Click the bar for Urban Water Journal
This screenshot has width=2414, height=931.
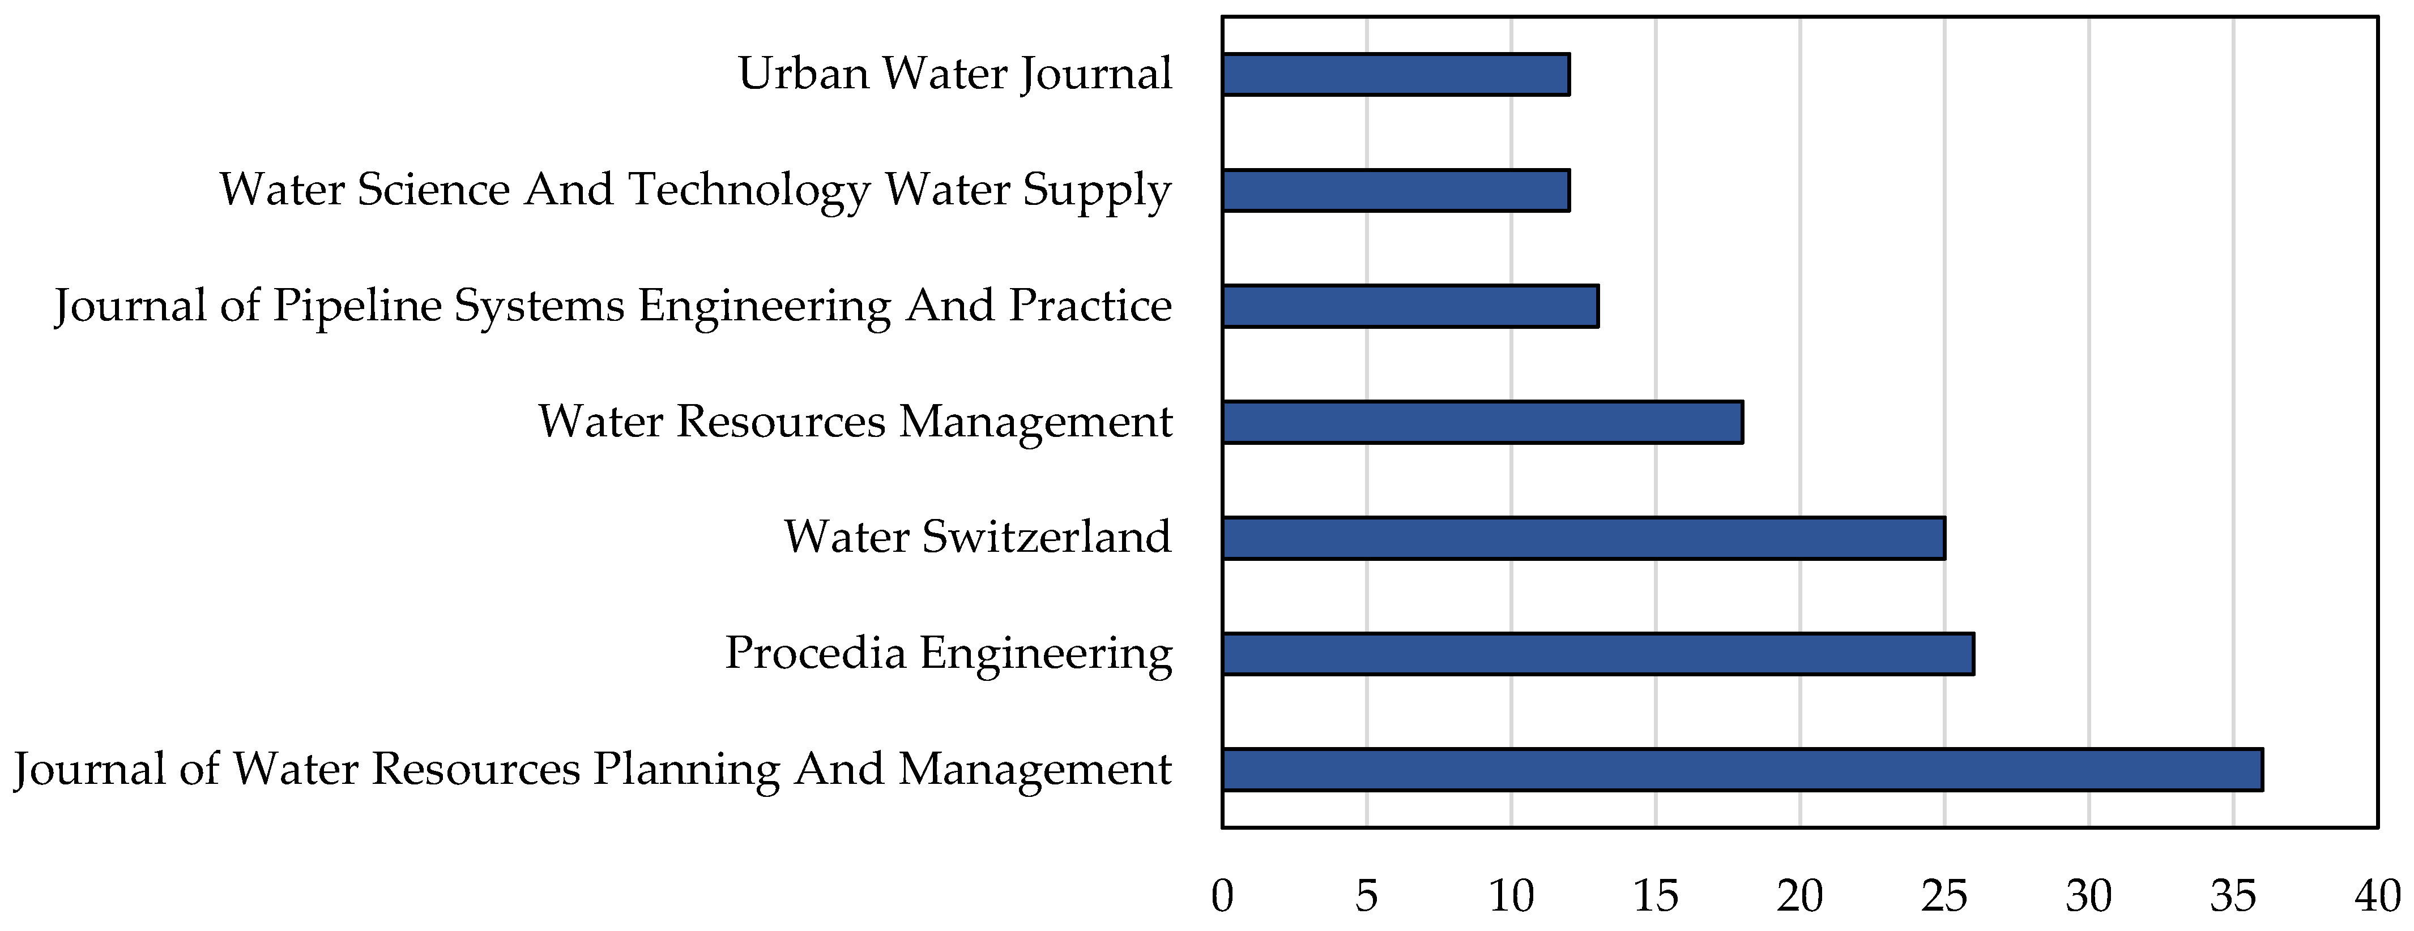point(1396,75)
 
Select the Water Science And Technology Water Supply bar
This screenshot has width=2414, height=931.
point(1396,190)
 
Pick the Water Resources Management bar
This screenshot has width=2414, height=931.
point(1482,422)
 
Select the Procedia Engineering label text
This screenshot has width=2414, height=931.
point(948,654)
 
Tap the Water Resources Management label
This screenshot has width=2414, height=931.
point(855,422)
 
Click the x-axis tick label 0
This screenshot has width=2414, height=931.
point(1222,896)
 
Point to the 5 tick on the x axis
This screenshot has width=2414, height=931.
point(1366,896)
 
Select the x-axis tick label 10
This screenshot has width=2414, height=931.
point(1511,896)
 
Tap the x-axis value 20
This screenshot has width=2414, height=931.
point(1799,896)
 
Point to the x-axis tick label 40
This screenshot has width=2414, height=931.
point(2377,896)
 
